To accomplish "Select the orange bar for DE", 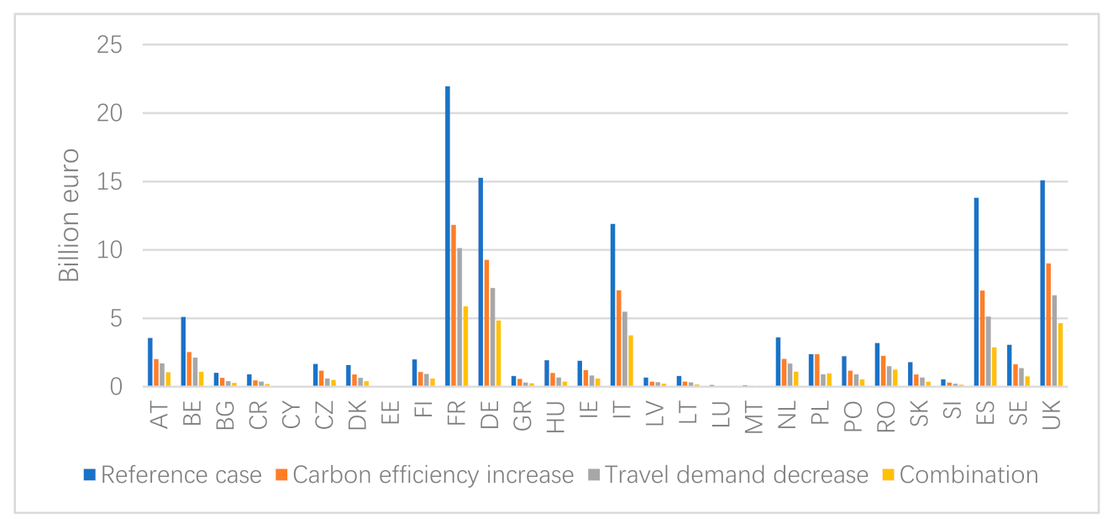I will [x=487, y=323].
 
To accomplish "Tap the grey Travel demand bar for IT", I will [x=625, y=349].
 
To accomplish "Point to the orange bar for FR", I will [x=454, y=306].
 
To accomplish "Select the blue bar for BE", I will [x=183, y=352].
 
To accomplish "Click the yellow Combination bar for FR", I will [x=465, y=347].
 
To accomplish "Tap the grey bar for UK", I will [x=1055, y=341].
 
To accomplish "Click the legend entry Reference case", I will [x=181, y=475].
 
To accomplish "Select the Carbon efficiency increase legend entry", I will [x=432, y=475].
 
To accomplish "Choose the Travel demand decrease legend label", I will [x=735, y=475].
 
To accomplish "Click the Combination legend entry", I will [x=968, y=475].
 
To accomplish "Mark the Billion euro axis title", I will [x=69, y=215].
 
